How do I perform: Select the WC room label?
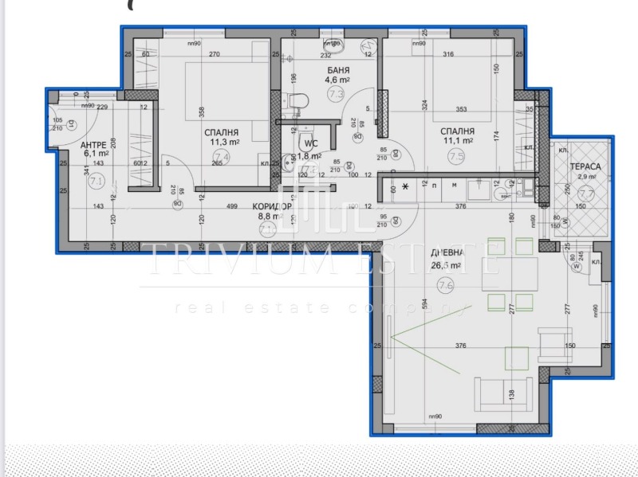point(308,144)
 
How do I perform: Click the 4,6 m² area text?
point(337,80)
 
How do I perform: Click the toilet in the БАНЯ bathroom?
point(298,101)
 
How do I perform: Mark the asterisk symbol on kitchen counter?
point(407,186)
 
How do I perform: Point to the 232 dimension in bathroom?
point(325,54)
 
